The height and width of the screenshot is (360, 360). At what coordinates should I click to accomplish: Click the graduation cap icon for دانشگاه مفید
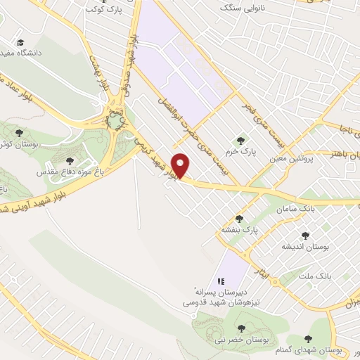point(20,43)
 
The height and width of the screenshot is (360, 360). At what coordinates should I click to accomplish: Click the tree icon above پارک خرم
point(243,140)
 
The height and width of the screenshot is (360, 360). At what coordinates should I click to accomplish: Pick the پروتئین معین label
point(291,159)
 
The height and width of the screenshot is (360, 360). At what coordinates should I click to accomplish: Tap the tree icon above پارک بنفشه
point(239,219)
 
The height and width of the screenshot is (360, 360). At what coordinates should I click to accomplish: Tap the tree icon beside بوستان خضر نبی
point(241,328)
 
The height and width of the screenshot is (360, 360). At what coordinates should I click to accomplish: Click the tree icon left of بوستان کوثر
point(19,132)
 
